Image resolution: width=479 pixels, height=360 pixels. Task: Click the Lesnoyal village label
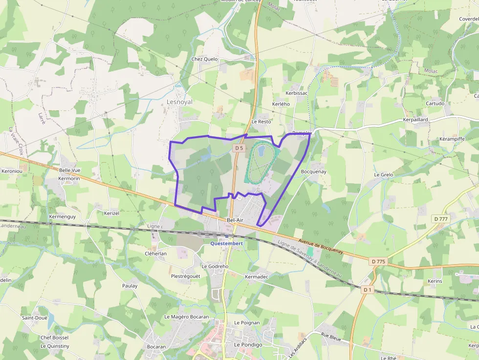pos(179,102)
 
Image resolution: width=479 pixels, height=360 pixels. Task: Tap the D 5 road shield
pos(239,148)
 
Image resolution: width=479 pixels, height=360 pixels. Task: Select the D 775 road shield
pos(378,261)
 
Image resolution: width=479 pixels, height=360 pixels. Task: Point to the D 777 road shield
pos(440,219)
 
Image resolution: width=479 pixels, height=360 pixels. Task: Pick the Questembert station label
pos(226,243)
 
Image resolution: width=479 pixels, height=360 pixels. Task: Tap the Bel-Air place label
pos(235,220)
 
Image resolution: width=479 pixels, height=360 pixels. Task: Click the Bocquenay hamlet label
pos(313,171)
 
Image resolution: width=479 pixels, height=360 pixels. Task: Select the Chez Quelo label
pos(204,59)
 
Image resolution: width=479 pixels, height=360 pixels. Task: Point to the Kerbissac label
pos(297,93)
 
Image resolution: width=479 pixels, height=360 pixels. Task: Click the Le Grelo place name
pos(383,174)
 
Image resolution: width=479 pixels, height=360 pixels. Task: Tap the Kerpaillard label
pos(415,119)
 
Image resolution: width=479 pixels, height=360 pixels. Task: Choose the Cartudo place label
pos(435,104)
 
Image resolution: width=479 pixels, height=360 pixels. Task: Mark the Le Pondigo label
pos(248,345)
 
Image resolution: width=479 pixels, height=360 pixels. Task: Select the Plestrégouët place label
pos(185,276)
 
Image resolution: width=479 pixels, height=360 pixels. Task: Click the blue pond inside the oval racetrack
pos(261,148)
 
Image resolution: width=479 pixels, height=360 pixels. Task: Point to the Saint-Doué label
pos(34,318)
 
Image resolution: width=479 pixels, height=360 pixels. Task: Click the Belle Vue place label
pos(69,170)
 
